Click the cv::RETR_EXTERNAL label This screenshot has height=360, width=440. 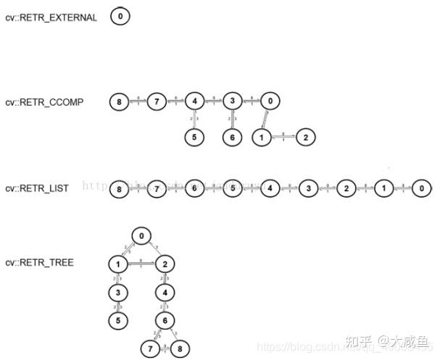[x=51, y=17]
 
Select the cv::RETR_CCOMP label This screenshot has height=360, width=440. [x=44, y=102]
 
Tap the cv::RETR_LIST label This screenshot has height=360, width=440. [x=37, y=188]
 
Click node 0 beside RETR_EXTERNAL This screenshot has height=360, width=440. [x=120, y=16]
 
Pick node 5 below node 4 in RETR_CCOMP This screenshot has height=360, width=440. [x=193, y=135]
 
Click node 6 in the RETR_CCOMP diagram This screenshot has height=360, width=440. [x=231, y=135]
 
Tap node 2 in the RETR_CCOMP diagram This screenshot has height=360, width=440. [x=306, y=135]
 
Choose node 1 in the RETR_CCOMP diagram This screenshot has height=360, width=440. [x=261, y=135]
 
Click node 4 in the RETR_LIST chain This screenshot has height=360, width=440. [x=270, y=188]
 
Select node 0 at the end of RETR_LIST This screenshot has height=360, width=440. [x=421, y=188]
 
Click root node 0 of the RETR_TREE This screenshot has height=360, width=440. [x=141, y=235]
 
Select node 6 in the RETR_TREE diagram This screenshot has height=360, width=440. [x=165, y=319]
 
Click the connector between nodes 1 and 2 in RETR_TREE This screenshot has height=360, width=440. [x=142, y=264]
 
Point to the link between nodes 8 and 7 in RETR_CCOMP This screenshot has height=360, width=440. [x=138, y=101]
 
